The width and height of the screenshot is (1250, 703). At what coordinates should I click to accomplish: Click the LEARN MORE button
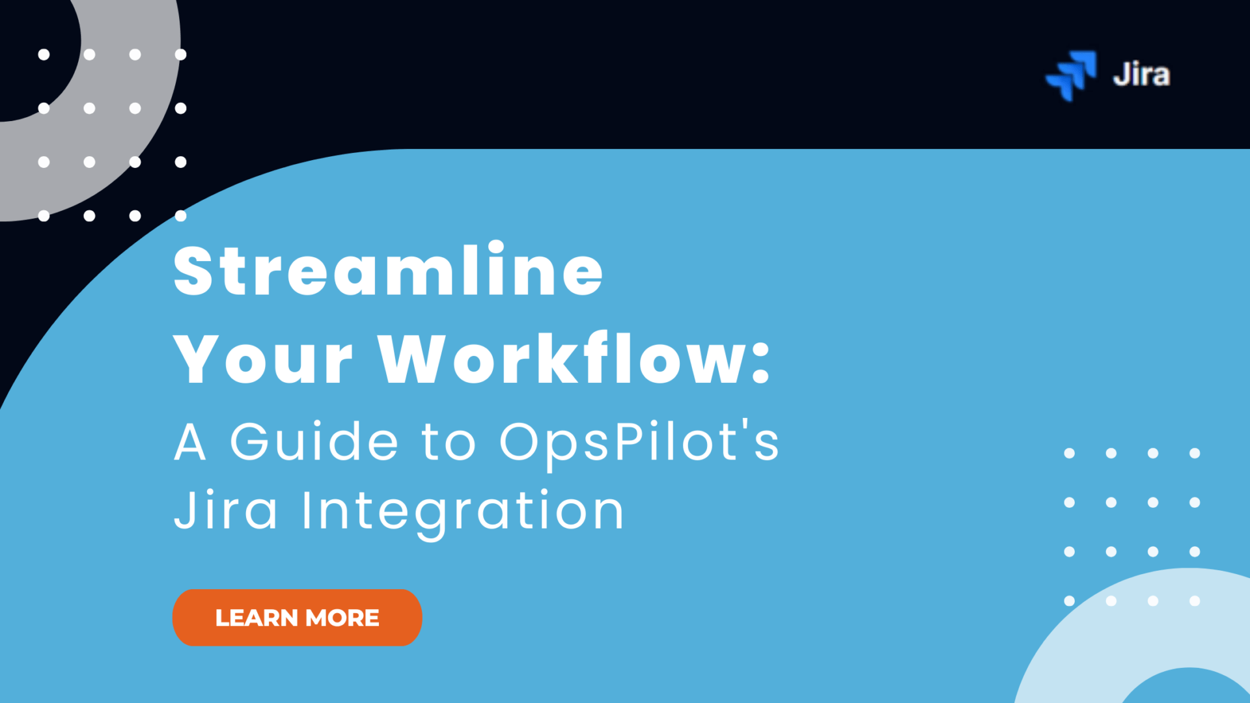[297, 617]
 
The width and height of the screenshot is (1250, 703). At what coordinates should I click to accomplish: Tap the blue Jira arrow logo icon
[1071, 75]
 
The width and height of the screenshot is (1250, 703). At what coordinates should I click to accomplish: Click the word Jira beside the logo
[1141, 75]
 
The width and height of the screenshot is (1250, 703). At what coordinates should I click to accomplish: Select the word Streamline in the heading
[388, 270]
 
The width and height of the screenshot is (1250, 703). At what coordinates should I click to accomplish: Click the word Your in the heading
[263, 360]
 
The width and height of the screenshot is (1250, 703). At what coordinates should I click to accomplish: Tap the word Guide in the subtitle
[314, 442]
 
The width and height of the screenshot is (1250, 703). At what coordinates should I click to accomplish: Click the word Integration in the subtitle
[463, 512]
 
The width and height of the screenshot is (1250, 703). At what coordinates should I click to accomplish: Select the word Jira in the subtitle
[225, 510]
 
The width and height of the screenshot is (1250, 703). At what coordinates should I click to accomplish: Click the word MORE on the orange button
[342, 618]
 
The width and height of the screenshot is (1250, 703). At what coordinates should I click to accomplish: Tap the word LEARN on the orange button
[257, 618]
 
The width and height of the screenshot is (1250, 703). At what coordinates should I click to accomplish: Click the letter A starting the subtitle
[190, 442]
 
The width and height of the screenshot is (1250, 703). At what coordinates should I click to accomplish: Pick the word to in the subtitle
[449, 442]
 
